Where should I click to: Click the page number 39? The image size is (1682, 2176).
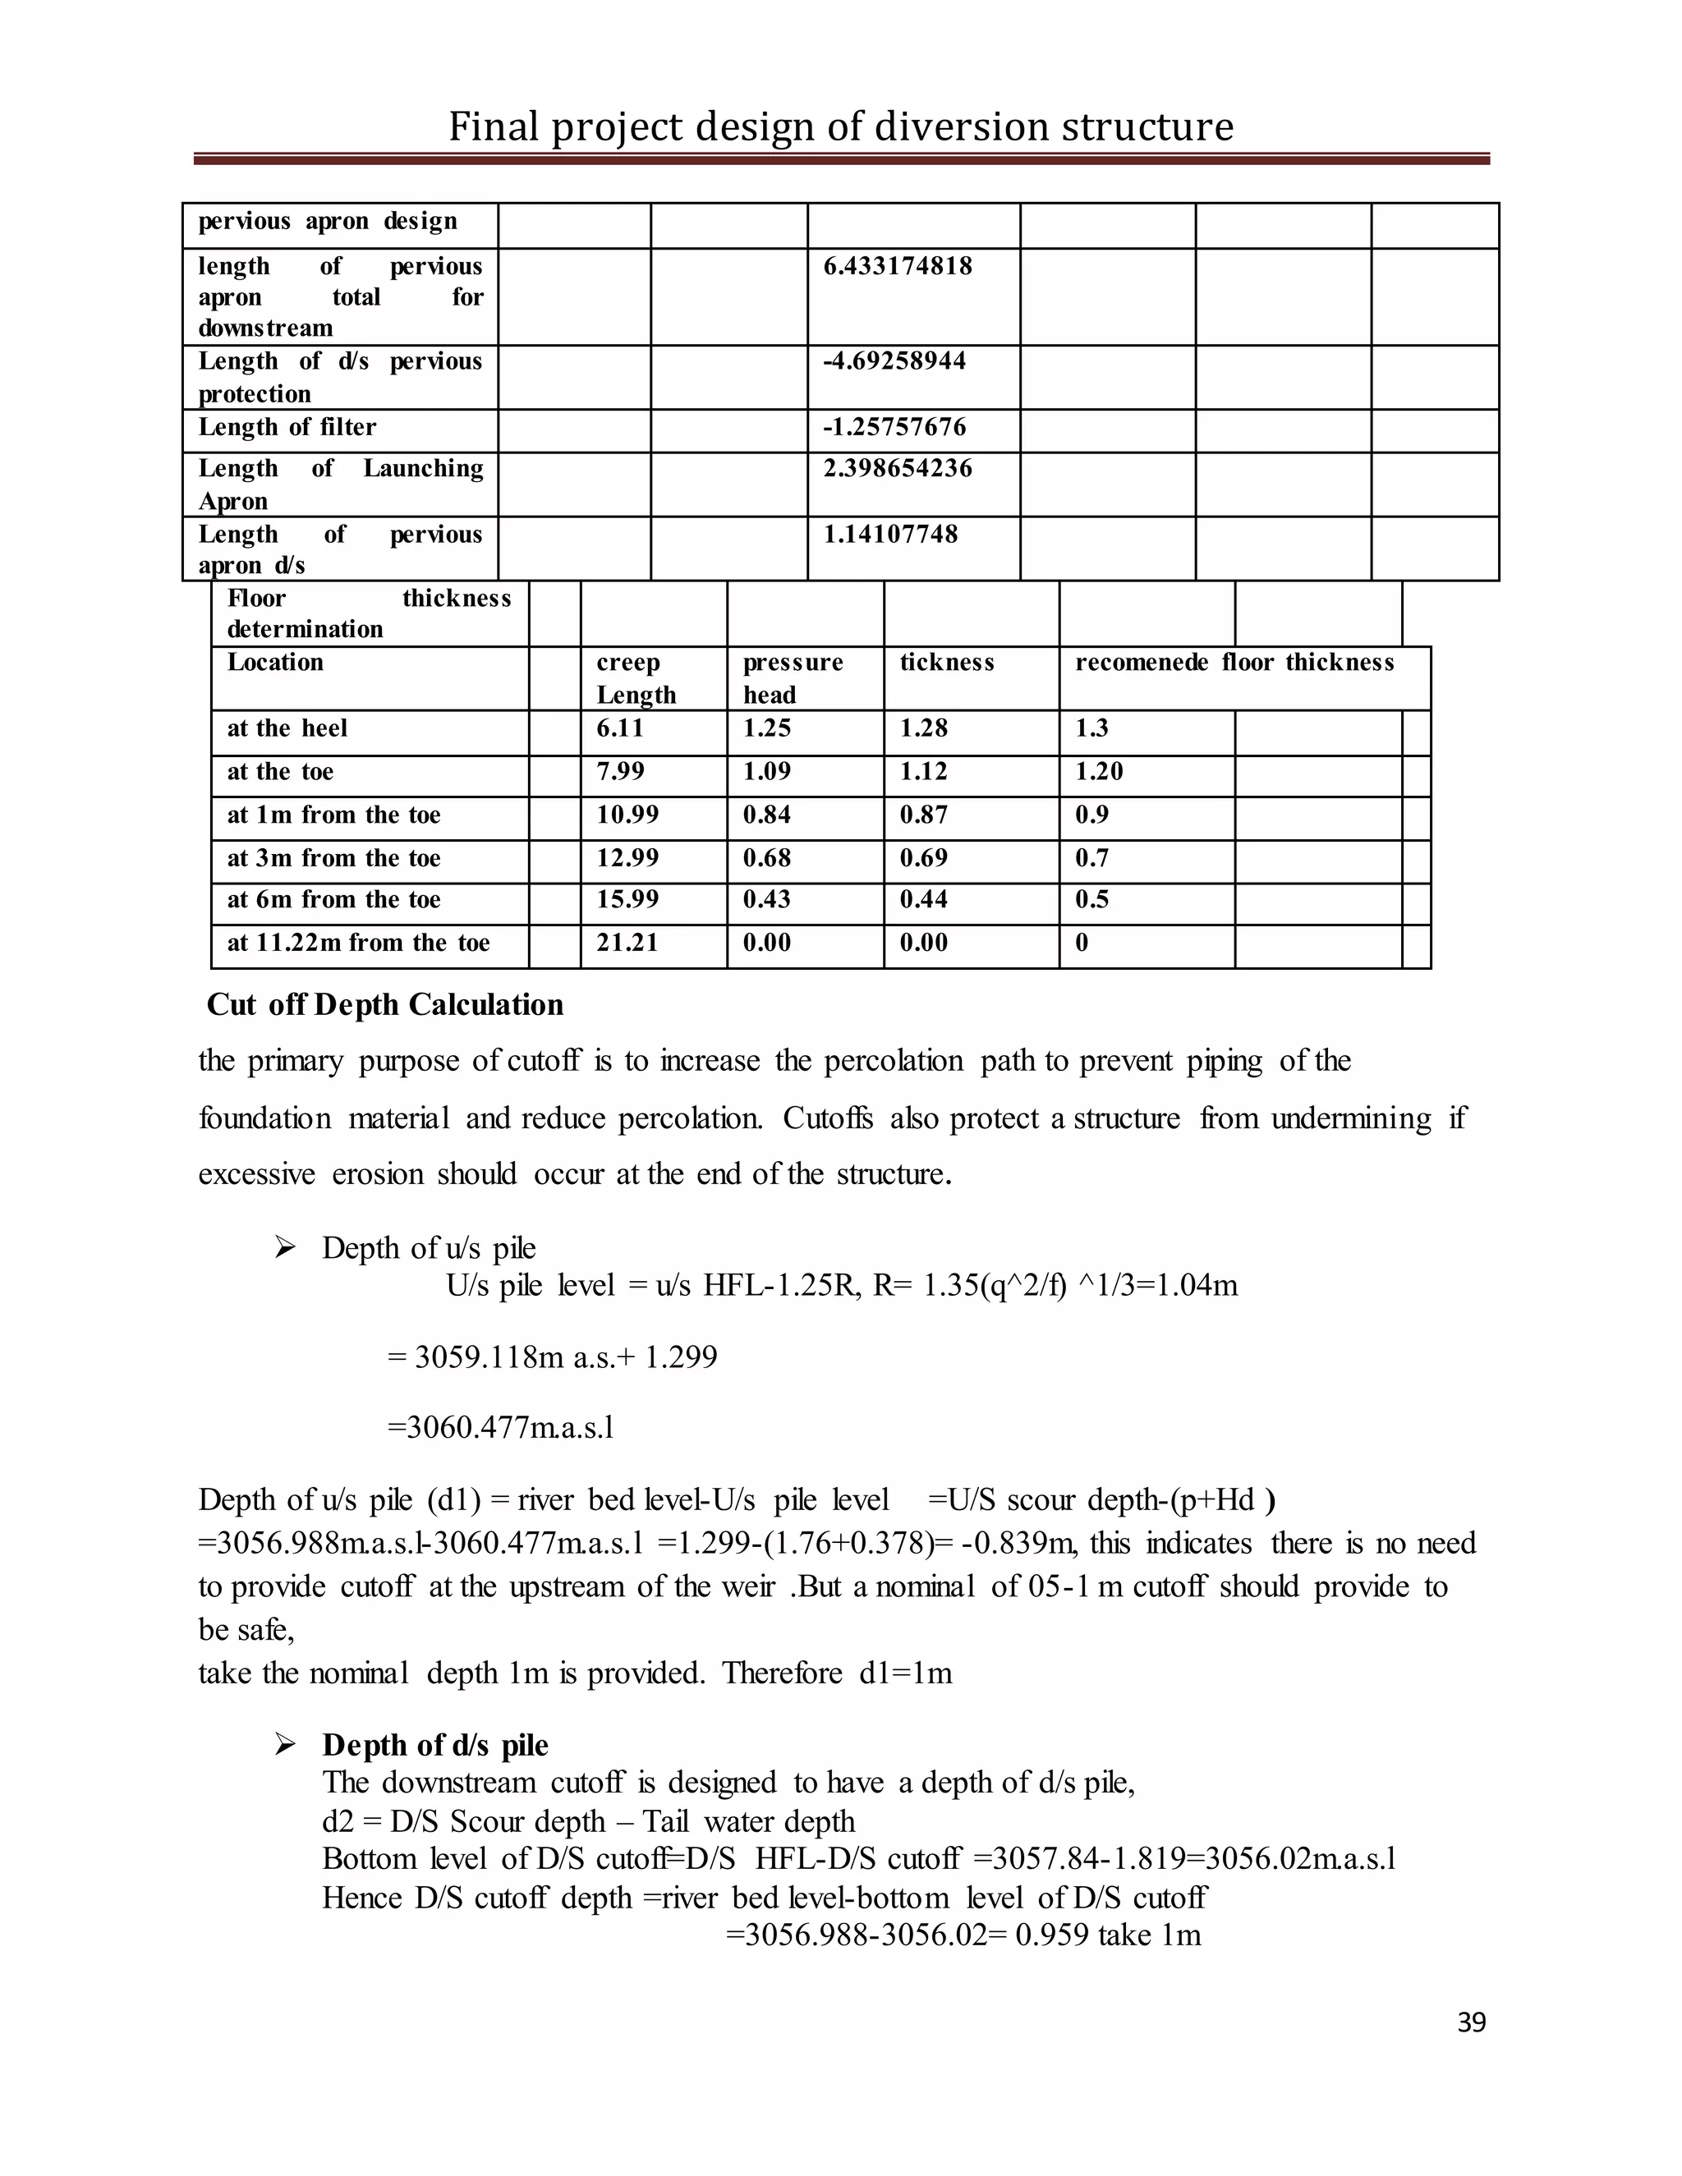1471,2022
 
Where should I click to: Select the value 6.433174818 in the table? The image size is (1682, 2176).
897,266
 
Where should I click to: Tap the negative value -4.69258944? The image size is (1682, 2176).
894,360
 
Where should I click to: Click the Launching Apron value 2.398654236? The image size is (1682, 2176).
897,468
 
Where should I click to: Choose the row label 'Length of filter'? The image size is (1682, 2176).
287,428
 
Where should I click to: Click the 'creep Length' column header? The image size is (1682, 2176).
636,678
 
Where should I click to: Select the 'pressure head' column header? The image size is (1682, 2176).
793,678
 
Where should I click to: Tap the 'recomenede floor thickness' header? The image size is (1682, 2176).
1234,663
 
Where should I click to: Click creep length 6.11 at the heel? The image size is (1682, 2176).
620,728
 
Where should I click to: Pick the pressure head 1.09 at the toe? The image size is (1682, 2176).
766,771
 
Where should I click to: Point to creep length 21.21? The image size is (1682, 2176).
627,943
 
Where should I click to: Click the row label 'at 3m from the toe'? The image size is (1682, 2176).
333,858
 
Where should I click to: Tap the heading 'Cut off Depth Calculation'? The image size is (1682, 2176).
384,1004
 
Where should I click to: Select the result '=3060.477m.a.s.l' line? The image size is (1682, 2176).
500,1428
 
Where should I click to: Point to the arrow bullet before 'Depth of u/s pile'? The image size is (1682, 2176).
285,1247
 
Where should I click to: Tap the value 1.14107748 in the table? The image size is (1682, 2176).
889,534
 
